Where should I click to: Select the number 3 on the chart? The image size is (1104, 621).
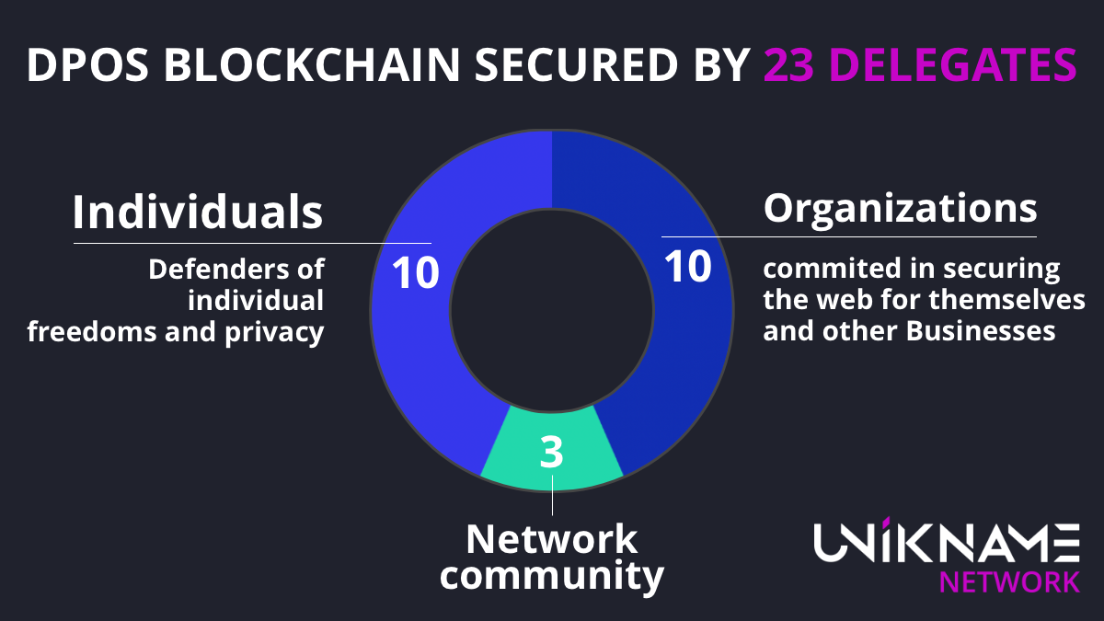(x=551, y=454)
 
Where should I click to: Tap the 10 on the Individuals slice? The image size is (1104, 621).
(x=416, y=273)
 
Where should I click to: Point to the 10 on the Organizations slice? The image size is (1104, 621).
(x=688, y=267)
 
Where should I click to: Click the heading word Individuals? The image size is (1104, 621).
(x=198, y=213)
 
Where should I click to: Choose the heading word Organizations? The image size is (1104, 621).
(x=901, y=208)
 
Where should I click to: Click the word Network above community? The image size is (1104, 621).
(x=552, y=539)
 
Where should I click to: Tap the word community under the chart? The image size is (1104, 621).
(x=552, y=577)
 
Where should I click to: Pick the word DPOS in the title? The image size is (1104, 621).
(x=77, y=65)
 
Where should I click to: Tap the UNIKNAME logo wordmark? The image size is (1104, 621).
(x=947, y=542)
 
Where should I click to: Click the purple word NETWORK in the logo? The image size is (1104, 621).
(x=1008, y=581)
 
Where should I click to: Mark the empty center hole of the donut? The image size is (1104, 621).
(x=552, y=309)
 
